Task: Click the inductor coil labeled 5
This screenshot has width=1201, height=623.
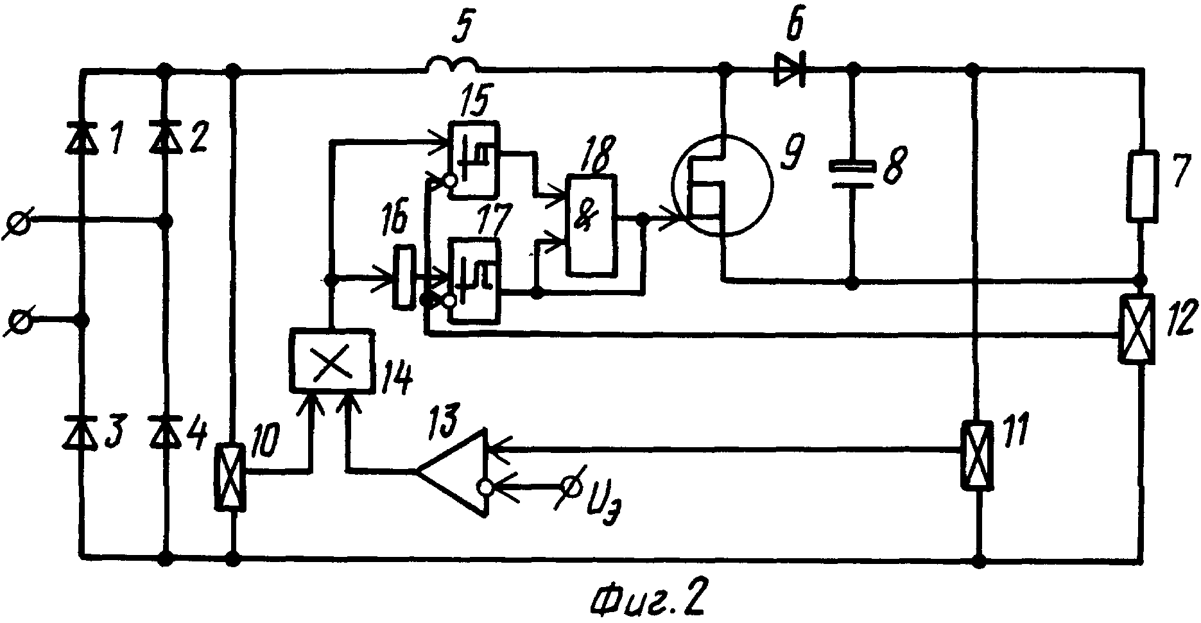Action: click(x=451, y=65)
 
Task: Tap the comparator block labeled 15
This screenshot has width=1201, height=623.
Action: click(x=474, y=158)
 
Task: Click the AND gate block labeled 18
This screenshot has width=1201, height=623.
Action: click(x=591, y=226)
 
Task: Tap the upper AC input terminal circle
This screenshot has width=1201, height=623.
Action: click(x=19, y=224)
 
